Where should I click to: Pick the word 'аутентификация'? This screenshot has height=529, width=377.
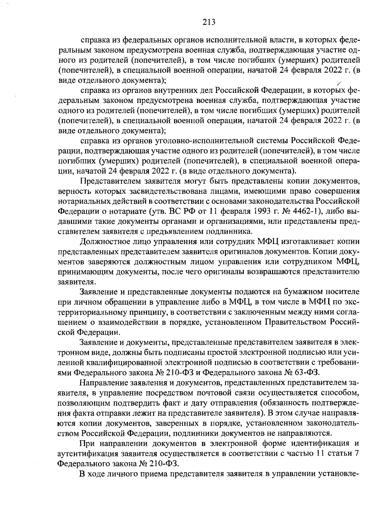coord(88,454)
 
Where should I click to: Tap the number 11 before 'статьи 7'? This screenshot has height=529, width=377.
coord(320,454)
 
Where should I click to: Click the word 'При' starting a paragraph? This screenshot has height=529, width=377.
coord(87,444)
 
